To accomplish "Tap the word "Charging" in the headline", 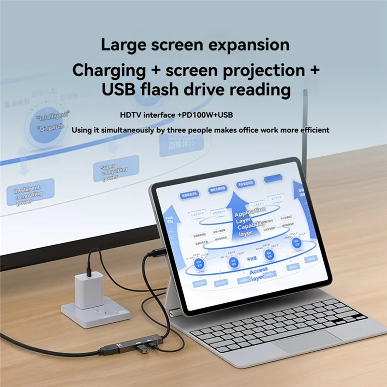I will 109,70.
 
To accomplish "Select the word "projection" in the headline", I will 257,70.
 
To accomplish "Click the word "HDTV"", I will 133,116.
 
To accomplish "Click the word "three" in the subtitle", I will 174,130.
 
